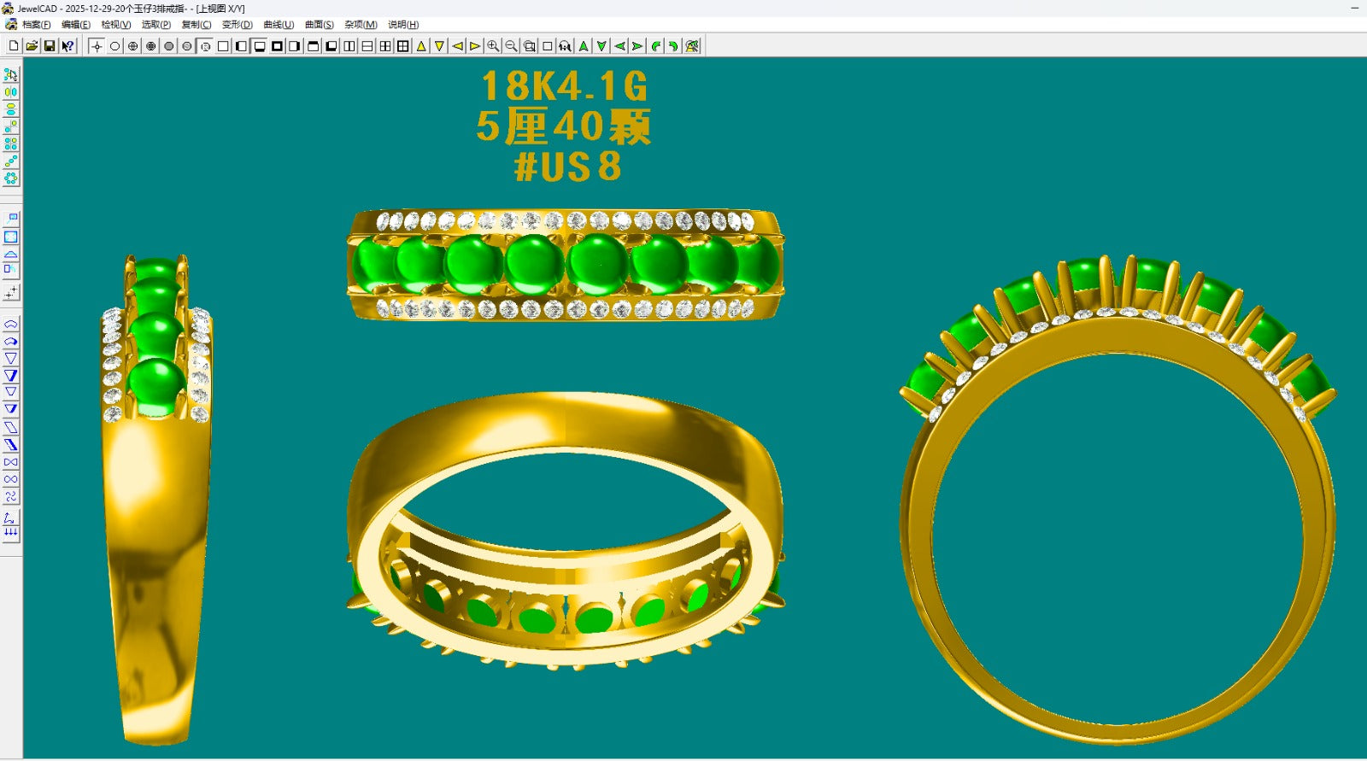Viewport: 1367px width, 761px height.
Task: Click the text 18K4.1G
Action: [x=564, y=86]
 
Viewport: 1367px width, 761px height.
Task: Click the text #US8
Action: [x=567, y=167]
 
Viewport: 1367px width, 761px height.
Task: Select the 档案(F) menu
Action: [x=36, y=25]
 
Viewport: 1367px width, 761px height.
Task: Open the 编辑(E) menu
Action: [x=75, y=25]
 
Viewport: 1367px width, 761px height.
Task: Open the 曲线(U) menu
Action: [x=279, y=25]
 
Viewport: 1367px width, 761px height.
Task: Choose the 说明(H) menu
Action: [x=403, y=25]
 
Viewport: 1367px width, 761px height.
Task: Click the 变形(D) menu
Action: [x=237, y=25]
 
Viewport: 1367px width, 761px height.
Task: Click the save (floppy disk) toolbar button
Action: [x=50, y=46]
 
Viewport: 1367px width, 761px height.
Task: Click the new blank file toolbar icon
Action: [x=14, y=46]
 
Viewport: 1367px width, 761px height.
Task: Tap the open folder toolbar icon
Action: [x=32, y=46]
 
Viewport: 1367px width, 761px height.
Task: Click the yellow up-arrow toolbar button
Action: [x=421, y=46]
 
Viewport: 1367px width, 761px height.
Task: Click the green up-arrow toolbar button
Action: [x=584, y=46]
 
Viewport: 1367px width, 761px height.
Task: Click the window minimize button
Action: [x=1354, y=8]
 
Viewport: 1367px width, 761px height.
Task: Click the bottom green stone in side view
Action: [x=157, y=386]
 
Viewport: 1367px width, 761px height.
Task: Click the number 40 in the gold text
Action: [x=579, y=127]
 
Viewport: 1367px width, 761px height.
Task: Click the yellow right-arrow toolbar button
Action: [x=475, y=46]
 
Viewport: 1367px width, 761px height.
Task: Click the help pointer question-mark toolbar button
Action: [x=67, y=46]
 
